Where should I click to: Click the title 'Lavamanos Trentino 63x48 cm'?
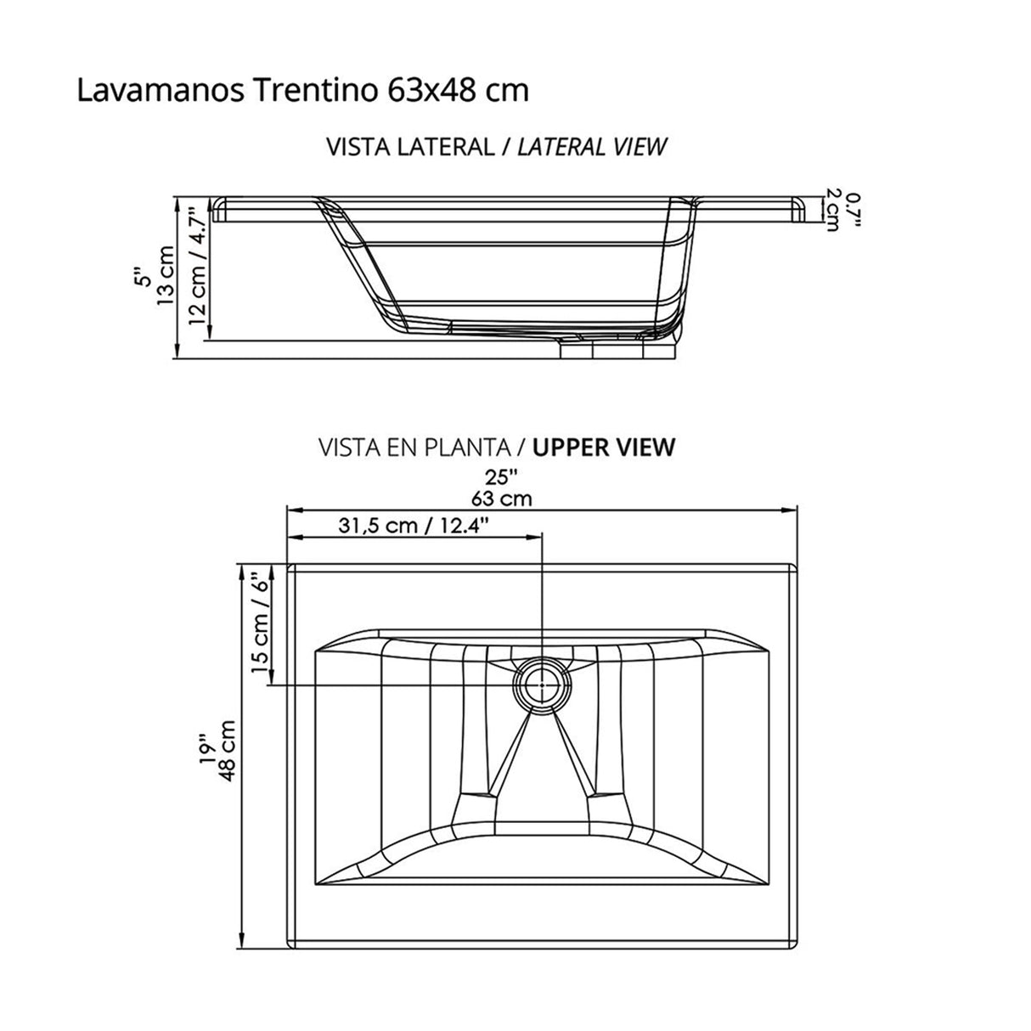tap(302, 90)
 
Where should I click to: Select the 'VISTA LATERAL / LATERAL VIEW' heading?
tap(497, 146)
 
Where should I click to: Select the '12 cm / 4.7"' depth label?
tap(196, 268)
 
